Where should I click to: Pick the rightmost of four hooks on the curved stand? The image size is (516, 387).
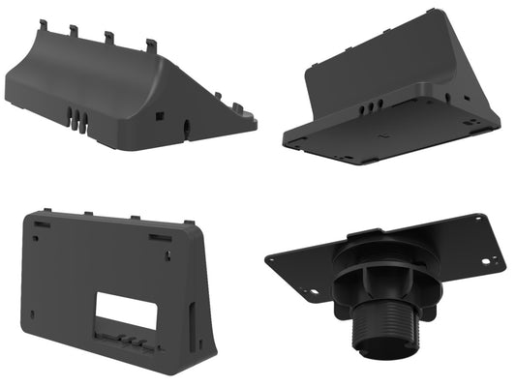pos(151,45)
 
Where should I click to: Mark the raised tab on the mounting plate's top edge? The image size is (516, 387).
pos(368,232)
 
